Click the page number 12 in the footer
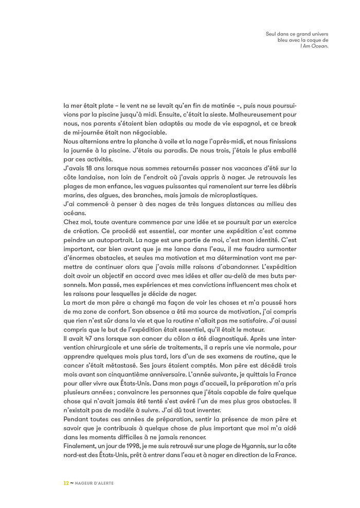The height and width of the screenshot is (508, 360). [x=65, y=483]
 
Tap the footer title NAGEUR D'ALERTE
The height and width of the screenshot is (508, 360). [x=94, y=483]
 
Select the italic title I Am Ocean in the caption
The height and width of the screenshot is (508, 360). [x=314, y=45]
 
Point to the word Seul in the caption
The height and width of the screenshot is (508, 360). [x=271, y=33]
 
